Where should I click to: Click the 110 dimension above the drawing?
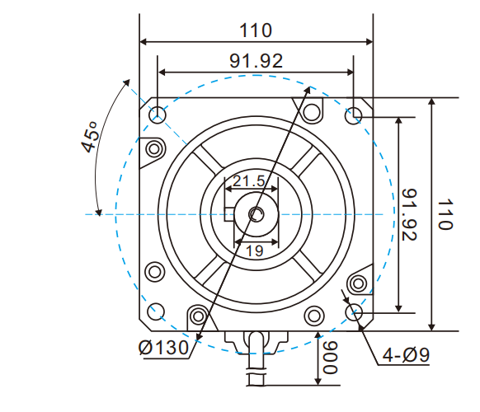click(x=256, y=30)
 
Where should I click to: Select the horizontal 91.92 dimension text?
click(x=256, y=60)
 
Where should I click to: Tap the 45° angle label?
click(x=88, y=137)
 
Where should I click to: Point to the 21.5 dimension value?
click(x=248, y=181)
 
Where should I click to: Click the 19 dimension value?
click(x=254, y=251)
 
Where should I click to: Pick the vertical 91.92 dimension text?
click(x=410, y=214)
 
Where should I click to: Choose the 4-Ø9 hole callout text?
click(x=407, y=356)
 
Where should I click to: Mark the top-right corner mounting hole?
click(x=354, y=115)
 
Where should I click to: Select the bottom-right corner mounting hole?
click(x=354, y=312)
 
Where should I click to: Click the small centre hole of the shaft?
click(x=256, y=214)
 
